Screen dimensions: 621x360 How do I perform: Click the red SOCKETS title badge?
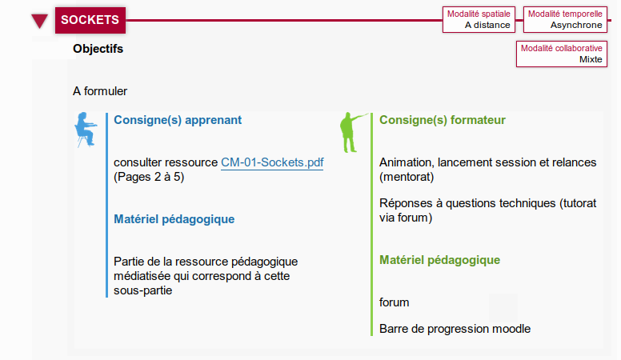90,20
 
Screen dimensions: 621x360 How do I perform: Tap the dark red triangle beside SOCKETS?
39,21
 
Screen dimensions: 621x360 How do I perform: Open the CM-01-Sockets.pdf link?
272,162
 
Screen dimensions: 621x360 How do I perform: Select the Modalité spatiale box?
479,19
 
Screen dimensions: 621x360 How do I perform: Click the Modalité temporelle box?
565,19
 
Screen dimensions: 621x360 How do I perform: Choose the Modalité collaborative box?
562,54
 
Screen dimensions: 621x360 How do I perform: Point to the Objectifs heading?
98,49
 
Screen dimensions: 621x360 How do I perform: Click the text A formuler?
100,91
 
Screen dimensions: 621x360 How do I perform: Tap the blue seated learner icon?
86,130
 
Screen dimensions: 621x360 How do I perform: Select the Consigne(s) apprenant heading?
178,120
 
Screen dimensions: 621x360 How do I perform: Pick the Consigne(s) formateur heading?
443,120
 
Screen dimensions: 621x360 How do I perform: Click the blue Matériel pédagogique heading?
174,219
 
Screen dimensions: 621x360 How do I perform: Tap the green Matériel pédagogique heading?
439,260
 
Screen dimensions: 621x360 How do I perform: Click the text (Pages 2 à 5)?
149,177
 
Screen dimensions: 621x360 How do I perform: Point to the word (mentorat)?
407,177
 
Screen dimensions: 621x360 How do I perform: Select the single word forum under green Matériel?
394,302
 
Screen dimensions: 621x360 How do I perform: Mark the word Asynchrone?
576,25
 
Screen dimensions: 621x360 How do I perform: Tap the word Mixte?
591,59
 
